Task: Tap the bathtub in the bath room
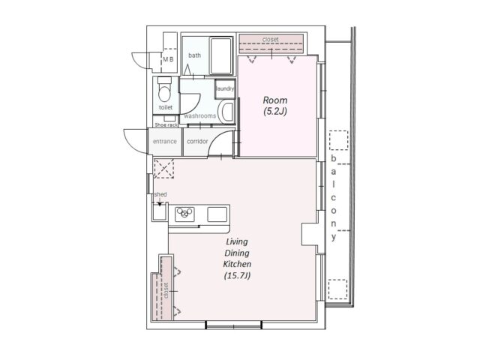[x=221, y=55]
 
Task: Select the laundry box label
[x=225, y=88]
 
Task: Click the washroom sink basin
[x=227, y=112]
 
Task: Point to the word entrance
[x=165, y=142]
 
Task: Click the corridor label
[x=197, y=142]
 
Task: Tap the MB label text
[x=168, y=59]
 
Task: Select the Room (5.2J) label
[x=275, y=106]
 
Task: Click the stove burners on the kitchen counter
[x=184, y=212]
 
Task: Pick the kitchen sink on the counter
[x=217, y=214]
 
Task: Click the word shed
[x=160, y=194]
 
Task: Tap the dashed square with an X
[x=163, y=168]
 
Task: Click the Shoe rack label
[x=166, y=125]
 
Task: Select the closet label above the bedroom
[x=271, y=40]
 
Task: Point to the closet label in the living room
[x=166, y=290]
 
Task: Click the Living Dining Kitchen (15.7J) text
[x=237, y=259]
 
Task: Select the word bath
[x=195, y=55]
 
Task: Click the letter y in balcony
[x=334, y=237]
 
